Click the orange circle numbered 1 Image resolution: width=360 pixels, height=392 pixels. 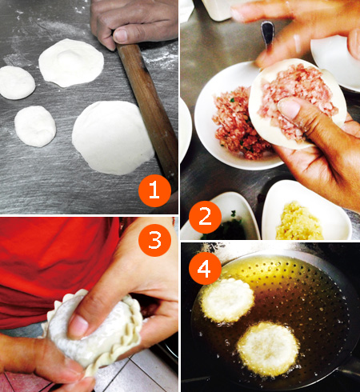coord(155,190)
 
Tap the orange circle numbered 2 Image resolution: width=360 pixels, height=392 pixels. coord(206,216)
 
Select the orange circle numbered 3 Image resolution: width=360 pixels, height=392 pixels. coord(155,239)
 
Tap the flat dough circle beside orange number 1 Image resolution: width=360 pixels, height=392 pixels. coord(112,137)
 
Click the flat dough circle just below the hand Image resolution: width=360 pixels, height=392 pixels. coord(72,62)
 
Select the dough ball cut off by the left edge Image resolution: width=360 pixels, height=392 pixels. coord(16,82)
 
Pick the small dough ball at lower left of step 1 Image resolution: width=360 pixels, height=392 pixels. coord(35,126)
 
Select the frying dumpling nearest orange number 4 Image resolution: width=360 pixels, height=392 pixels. coord(227,298)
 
